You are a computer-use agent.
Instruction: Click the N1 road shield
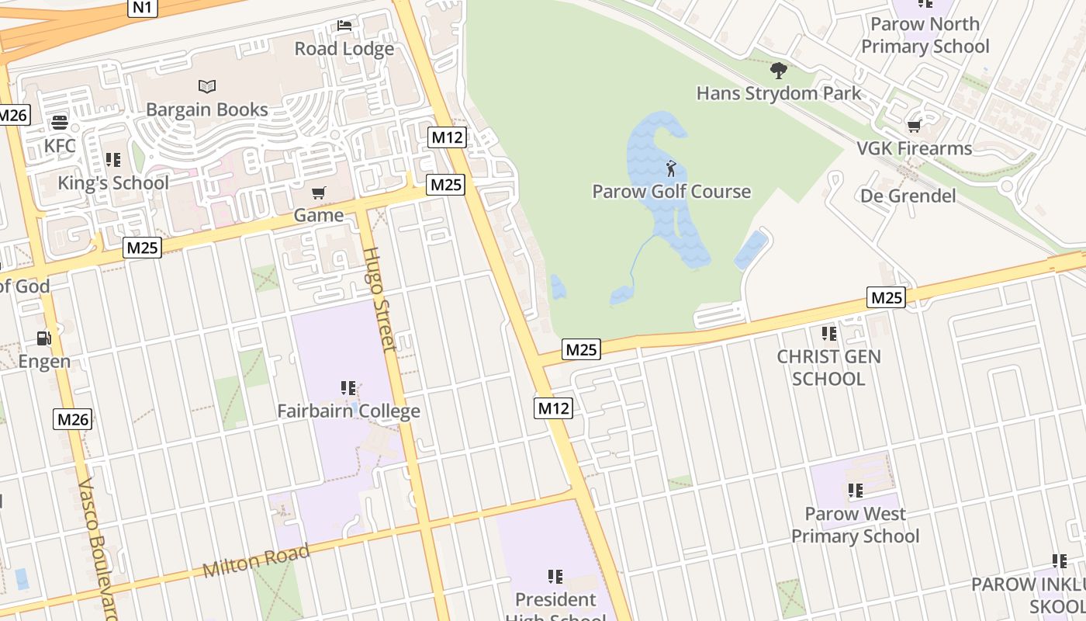click(x=143, y=8)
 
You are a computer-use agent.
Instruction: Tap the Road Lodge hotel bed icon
click(x=344, y=26)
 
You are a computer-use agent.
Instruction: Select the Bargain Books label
click(x=207, y=109)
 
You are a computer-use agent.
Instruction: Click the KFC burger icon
click(x=60, y=123)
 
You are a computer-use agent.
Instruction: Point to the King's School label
click(x=113, y=183)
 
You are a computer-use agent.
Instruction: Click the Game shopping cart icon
click(x=318, y=193)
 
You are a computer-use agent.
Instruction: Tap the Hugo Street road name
click(x=379, y=299)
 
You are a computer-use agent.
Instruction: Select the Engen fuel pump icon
click(x=44, y=338)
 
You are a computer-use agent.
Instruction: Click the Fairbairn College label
click(x=348, y=411)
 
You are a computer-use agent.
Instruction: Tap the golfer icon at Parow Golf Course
click(x=671, y=168)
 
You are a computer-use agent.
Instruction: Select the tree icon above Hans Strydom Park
click(x=779, y=71)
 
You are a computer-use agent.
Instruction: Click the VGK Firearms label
click(x=914, y=148)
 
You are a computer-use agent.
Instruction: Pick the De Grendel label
click(x=908, y=196)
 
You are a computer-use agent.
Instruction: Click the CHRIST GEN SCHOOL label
click(x=828, y=368)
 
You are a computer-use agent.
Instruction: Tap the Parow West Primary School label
click(x=855, y=525)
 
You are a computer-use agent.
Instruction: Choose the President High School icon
click(x=555, y=576)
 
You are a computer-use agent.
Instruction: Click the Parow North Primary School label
click(x=925, y=36)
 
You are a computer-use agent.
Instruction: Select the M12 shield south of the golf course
click(x=553, y=408)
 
